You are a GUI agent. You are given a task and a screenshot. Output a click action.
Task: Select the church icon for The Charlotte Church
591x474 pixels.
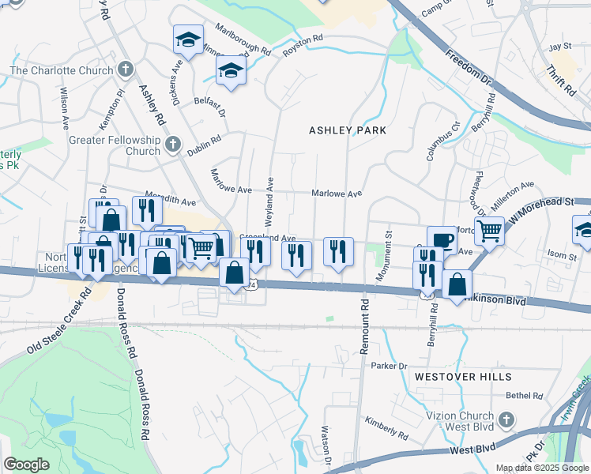click(x=124, y=70)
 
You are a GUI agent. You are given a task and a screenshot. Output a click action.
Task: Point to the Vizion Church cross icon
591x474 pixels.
click(x=510, y=418)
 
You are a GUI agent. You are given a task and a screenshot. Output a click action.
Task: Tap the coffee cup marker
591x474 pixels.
click(x=442, y=239)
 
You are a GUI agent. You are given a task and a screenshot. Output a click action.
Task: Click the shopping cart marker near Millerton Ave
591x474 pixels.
click(x=490, y=230)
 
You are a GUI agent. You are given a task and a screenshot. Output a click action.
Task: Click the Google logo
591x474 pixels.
click(x=26, y=465)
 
